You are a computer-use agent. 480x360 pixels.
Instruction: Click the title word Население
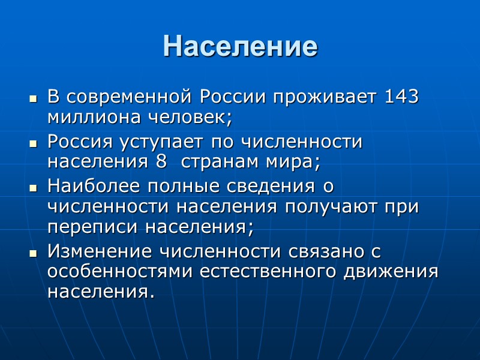[239, 46]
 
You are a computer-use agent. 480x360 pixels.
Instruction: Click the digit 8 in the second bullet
[160, 162]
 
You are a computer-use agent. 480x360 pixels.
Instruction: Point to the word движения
[391, 272]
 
